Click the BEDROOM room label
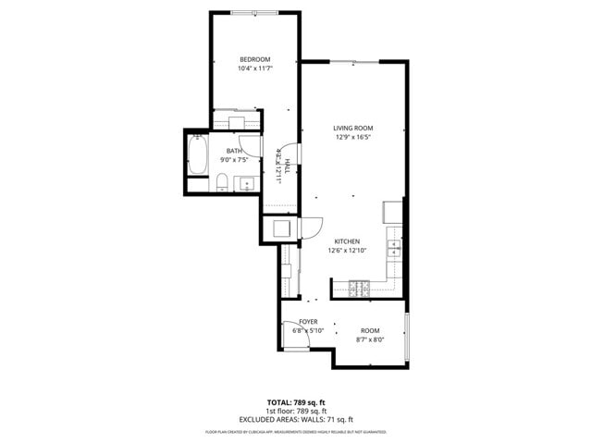point(254,59)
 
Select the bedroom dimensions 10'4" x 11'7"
point(254,68)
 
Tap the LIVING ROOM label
point(352,128)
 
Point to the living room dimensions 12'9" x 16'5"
point(352,137)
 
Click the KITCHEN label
point(347,240)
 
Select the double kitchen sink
point(395,247)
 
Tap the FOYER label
point(308,321)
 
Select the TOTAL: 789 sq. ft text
point(296,402)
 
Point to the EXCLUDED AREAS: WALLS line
point(296,419)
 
